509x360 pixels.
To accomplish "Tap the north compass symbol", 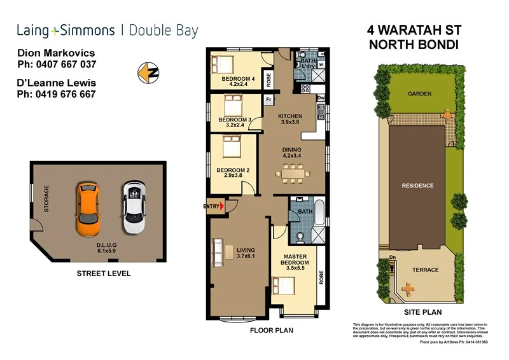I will coord(148,72).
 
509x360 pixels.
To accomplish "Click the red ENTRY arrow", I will coord(221,206).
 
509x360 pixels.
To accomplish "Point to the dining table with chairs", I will coord(293,172).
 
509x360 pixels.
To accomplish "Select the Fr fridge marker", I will coord(268,100).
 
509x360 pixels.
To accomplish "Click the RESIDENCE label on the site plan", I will coord(417,186).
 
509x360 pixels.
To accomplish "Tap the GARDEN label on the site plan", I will coord(419,94).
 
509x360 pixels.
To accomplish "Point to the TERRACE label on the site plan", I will coord(425,270).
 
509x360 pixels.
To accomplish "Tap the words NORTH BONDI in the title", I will coord(413,45).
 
